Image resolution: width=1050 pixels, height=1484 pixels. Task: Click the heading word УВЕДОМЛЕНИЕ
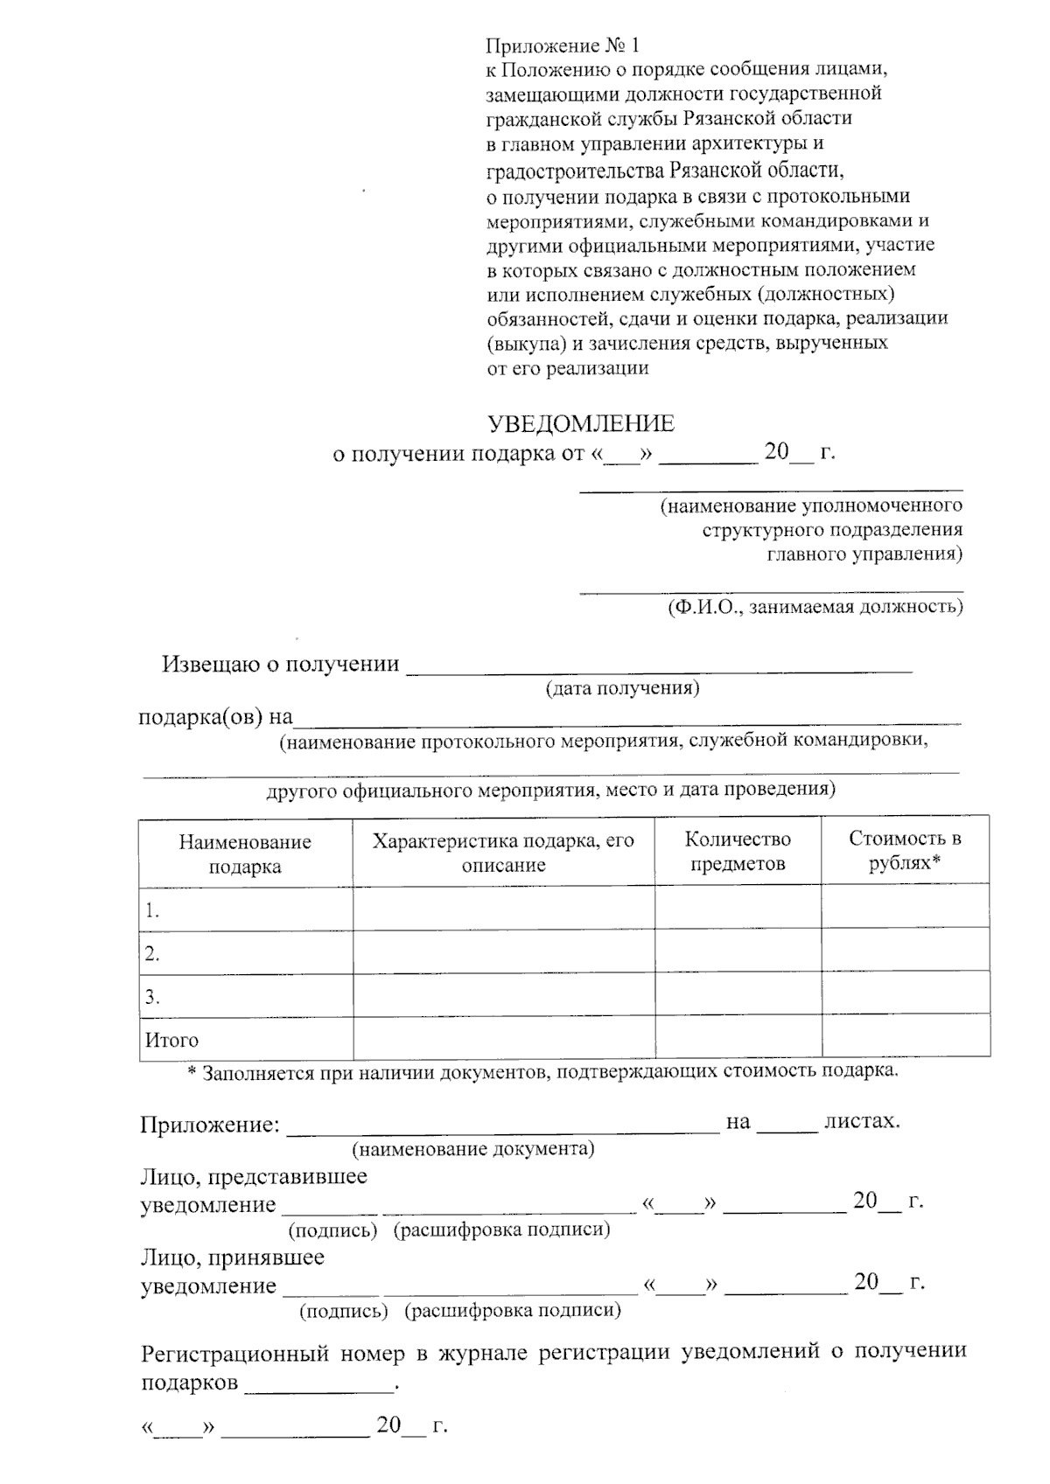click(x=581, y=424)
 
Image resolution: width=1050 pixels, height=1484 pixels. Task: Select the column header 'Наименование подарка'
click(x=245, y=853)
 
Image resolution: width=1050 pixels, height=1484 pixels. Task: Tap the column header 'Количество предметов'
click(x=738, y=851)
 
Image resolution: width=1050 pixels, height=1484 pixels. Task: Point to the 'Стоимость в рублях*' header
click(x=905, y=850)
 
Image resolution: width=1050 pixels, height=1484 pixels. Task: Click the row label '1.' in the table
click(x=152, y=911)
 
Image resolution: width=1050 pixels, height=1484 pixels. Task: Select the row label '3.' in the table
click(x=152, y=997)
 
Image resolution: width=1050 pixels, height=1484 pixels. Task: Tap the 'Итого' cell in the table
click(x=171, y=1040)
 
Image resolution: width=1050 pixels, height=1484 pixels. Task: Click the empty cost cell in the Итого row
click(x=905, y=1038)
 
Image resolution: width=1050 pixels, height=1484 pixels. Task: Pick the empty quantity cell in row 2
click(x=738, y=951)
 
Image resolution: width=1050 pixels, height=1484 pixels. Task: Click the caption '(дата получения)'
click(x=622, y=688)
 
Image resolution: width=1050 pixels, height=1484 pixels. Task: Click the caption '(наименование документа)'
click(x=472, y=1148)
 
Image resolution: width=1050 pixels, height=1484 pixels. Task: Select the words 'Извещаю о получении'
click(x=280, y=664)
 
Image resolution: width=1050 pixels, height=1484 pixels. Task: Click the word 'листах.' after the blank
click(x=862, y=1121)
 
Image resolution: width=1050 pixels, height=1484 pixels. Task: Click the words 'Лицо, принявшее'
click(x=232, y=1258)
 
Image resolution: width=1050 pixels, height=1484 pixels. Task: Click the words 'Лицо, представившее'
click(x=254, y=1176)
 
